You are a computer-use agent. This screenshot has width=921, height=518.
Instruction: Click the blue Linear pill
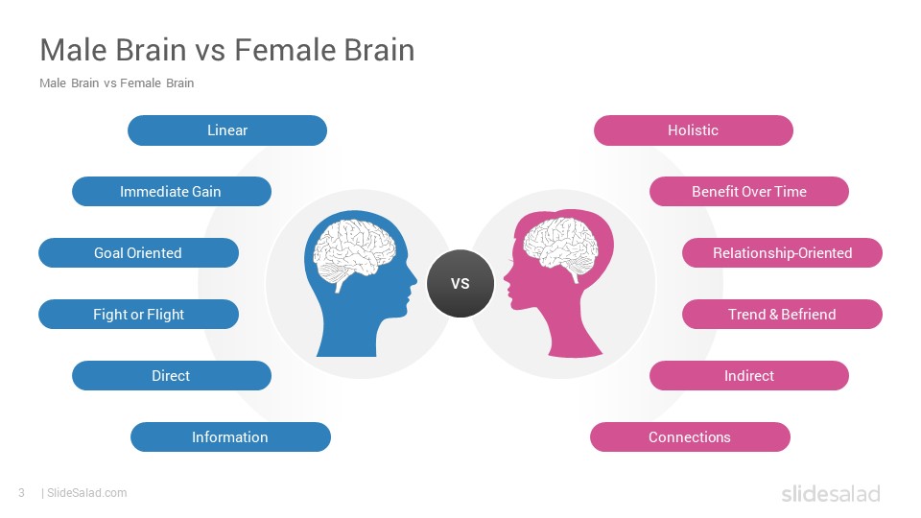[227, 130]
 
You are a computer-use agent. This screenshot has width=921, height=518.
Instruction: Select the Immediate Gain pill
[172, 192]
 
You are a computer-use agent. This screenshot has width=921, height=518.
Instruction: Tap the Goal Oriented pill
[138, 253]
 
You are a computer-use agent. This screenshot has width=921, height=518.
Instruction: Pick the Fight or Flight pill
[138, 315]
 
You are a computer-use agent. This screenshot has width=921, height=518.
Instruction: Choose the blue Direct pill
[172, 376]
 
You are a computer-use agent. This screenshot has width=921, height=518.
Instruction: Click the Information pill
[230, 437]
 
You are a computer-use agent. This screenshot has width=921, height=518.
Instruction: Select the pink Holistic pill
[693, 130]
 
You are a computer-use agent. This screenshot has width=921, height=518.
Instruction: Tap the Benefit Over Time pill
[749, 192]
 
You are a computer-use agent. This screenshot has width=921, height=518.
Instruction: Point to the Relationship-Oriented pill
[782, 253]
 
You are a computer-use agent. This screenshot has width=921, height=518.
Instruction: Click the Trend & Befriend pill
[782, 315]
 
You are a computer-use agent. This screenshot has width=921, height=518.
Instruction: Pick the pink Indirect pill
[749, 376]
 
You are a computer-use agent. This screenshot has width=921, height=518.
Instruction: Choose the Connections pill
[690, 437]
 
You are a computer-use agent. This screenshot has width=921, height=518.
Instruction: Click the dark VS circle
[460, 284]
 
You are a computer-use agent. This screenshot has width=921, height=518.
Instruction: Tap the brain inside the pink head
[560, 247]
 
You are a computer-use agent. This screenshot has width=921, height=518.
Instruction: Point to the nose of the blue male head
[413, 281]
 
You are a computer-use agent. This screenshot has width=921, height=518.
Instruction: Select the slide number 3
[22, 493]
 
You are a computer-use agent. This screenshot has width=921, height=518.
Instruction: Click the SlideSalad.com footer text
[87, 493]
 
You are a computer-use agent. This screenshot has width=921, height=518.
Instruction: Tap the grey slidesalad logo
[831, 494]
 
